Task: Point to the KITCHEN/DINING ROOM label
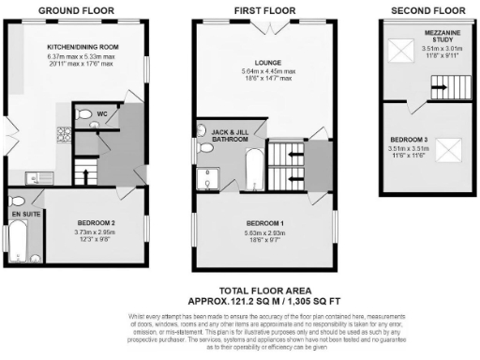pyautogui.click(x=82, y=45)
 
